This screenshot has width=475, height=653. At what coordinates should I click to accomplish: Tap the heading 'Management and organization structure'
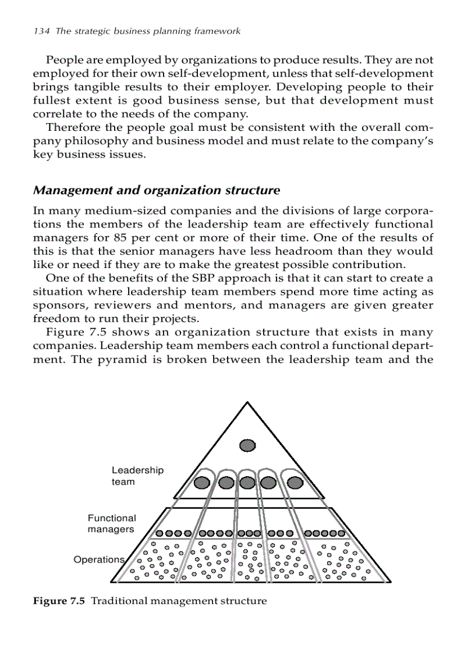tap(157, 190)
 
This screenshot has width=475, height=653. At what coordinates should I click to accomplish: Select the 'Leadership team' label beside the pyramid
tap(137, 476)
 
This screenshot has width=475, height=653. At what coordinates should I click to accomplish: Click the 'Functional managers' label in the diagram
tap(112, 523)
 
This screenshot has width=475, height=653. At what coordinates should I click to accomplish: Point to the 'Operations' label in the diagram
tap(99, 559)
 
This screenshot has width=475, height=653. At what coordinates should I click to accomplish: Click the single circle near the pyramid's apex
tap(248, 445)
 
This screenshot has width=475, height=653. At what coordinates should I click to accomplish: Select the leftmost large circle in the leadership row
tap(201, 483)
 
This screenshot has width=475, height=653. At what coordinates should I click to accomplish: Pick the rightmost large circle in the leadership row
tap(296, 483)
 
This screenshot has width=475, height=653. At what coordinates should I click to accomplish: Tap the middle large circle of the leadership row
tap(248, 483)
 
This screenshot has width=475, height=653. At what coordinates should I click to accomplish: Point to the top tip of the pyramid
tap(247, 402)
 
